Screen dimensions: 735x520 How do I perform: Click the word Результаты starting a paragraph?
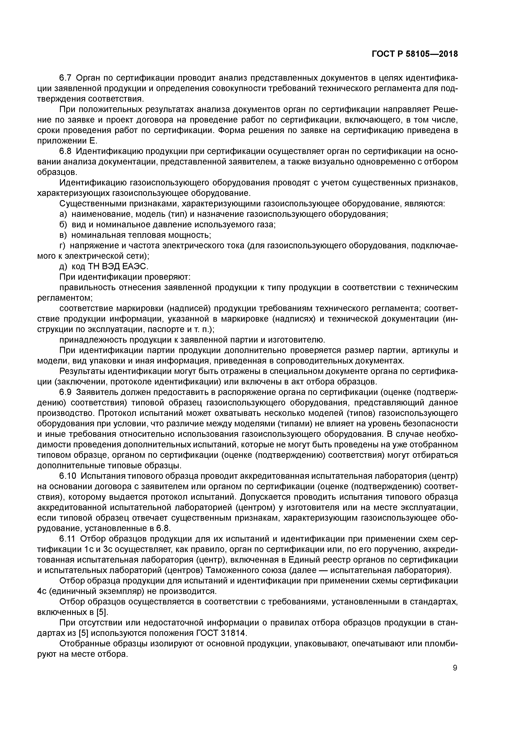coord(82,371)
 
